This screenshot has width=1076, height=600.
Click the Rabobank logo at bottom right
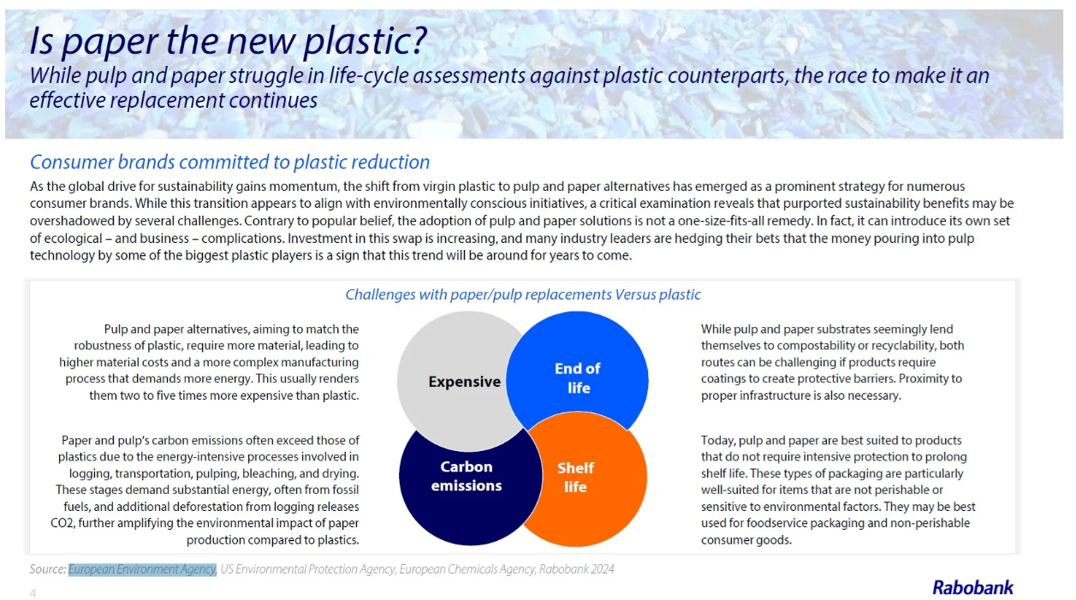point(972,587)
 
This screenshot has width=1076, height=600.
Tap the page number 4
point(33,593)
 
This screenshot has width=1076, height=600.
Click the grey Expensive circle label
point(465,382)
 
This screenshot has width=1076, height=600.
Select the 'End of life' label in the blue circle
point(578,378)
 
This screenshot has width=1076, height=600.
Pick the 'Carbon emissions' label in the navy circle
point(467,476)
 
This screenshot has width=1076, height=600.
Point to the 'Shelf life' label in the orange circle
point(575,477)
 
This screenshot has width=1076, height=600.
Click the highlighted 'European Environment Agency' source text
point(142,569)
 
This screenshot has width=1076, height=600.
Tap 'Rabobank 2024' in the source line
point(576,569)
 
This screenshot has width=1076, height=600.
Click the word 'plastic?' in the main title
point(365,41)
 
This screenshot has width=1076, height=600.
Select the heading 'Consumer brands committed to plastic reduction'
point(229,162)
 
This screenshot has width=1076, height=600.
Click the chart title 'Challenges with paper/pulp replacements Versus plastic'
point(523,294)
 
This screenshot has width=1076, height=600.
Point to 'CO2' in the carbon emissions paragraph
point(62,523)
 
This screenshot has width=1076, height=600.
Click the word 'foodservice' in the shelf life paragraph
point(776,523)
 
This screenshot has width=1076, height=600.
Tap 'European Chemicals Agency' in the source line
point(467,569)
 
